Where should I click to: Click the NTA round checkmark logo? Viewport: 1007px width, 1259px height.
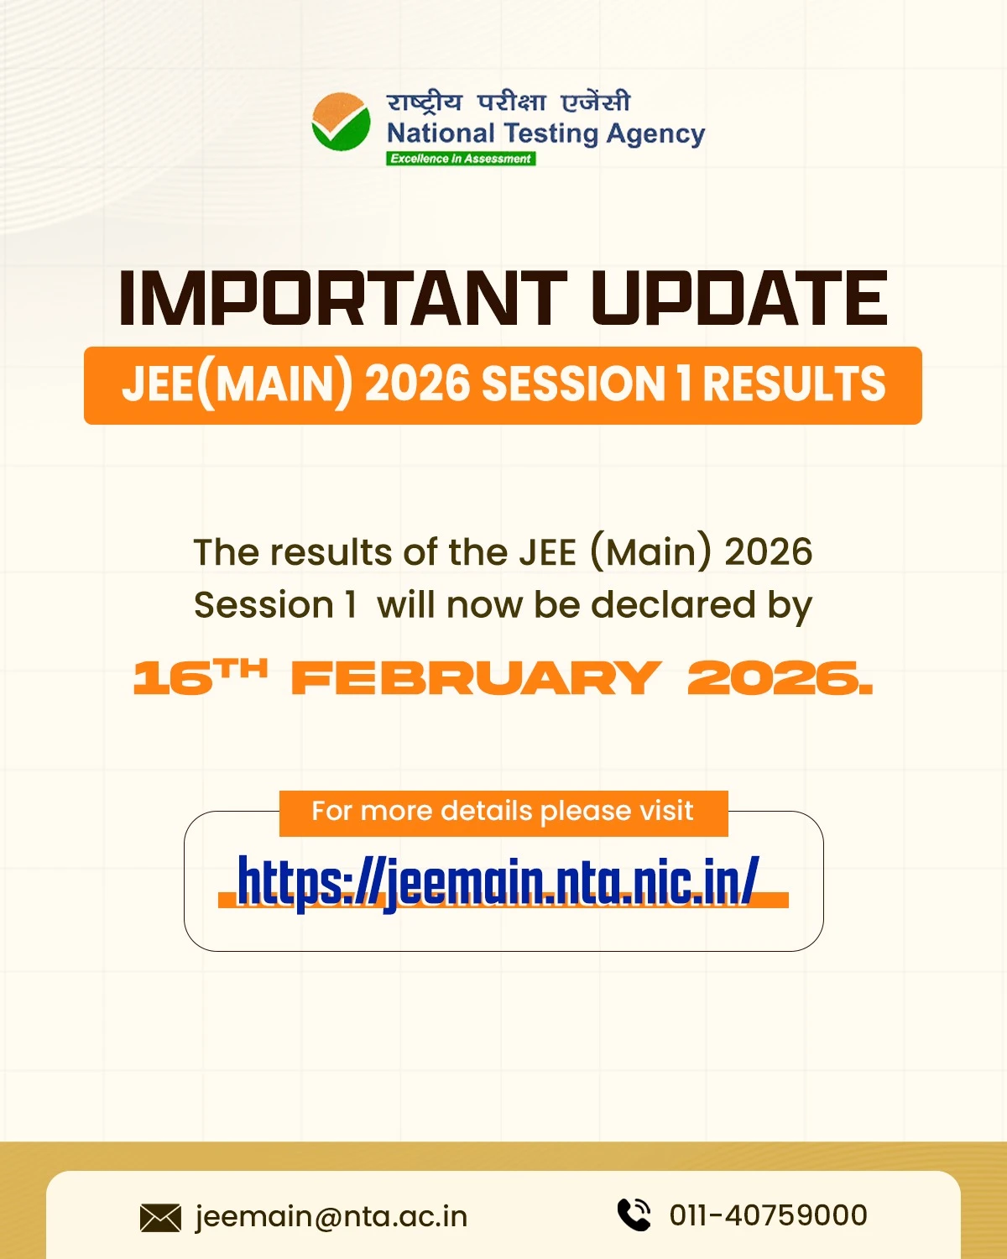pos(341,122)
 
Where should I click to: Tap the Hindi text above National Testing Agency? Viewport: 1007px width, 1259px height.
pos(508,102)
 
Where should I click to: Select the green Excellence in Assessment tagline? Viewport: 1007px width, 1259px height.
pos(461,159)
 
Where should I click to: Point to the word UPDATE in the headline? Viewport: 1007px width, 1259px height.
pos(738,299)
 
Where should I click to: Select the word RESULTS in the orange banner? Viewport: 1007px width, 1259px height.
pos(794,384)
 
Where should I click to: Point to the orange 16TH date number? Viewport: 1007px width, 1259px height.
pos(200,677)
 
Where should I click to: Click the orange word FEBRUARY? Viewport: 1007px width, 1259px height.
pos(475,678)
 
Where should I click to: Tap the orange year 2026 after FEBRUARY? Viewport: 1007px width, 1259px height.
pos(779,678)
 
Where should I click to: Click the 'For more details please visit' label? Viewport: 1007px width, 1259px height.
pos(503,812)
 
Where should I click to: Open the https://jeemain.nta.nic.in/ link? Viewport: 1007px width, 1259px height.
pos(498,881)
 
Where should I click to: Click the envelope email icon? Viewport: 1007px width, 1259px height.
pos(160,1217)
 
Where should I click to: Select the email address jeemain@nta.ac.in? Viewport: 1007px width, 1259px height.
pos(331,1216)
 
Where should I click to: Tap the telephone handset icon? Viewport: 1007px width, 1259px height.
pos(634,1215)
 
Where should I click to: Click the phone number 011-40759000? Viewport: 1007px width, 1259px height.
pos(768,1215)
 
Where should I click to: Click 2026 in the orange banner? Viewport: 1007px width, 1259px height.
pos(417,384)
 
